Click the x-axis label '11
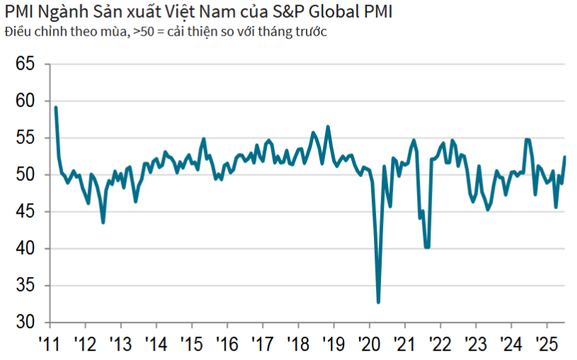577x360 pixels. (49, 344)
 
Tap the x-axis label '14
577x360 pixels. (155, 344)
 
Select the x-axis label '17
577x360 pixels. (262, 344)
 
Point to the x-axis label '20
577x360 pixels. (368, 344)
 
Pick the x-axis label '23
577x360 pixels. (475, 344)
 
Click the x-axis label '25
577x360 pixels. (546, 344)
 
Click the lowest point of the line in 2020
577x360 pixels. (378, 302)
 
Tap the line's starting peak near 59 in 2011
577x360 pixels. (56, 107)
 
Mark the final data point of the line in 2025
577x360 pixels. (565, 157)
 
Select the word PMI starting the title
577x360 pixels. (19, 13)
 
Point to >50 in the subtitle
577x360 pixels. (142, 33)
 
